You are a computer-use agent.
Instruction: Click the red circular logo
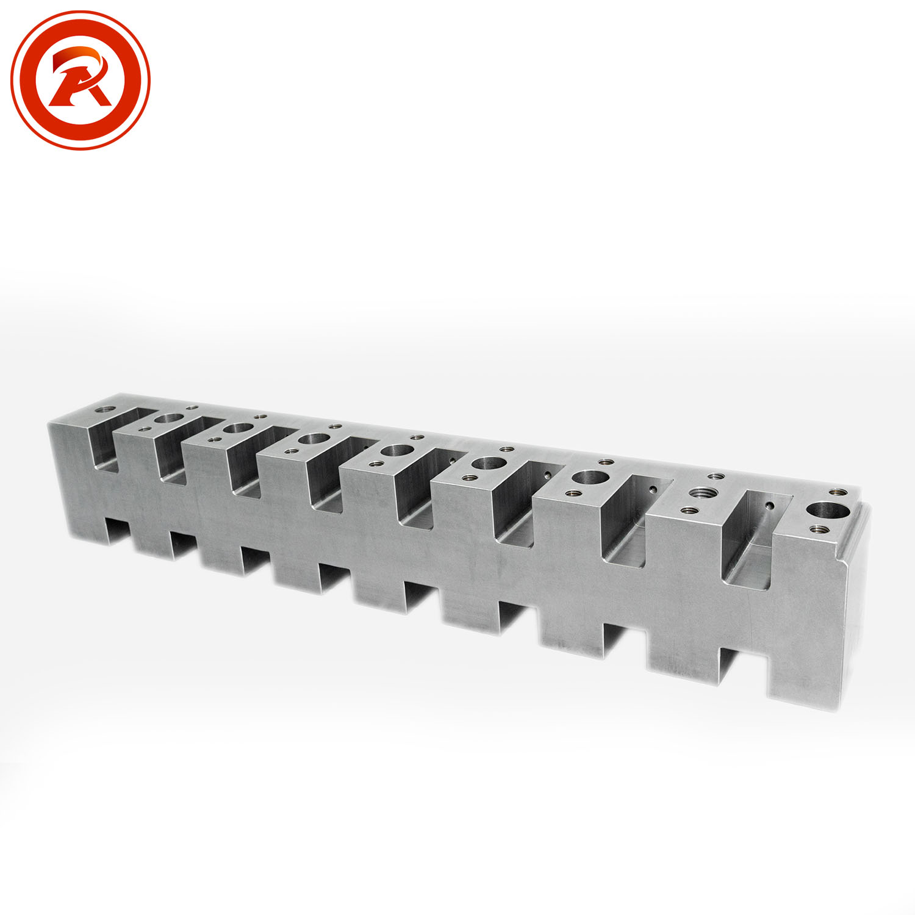click(x=80, y=80)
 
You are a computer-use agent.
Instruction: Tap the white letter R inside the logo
click(x=80, y=78)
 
